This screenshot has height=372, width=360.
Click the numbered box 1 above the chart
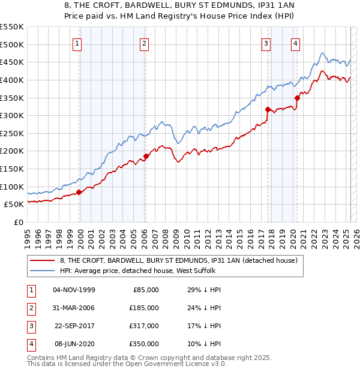(x=79, y=43)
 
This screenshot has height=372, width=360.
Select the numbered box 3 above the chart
(x=266, y=43)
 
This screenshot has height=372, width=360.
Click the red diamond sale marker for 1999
(x=79, y=191)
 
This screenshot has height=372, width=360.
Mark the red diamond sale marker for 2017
(x=268, y=109)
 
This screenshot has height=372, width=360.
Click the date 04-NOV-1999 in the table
(x=74, y=290)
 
